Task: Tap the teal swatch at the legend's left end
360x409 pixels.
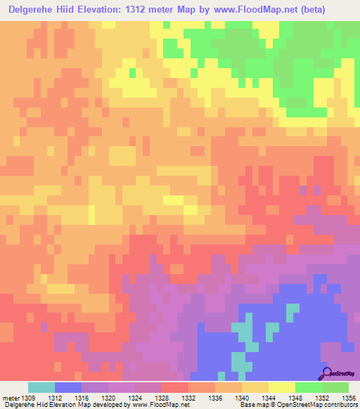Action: (x=41, y=387)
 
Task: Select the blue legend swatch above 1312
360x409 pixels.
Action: (x=67, y=387)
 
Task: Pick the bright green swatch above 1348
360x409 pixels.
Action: (x=308, y=387)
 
